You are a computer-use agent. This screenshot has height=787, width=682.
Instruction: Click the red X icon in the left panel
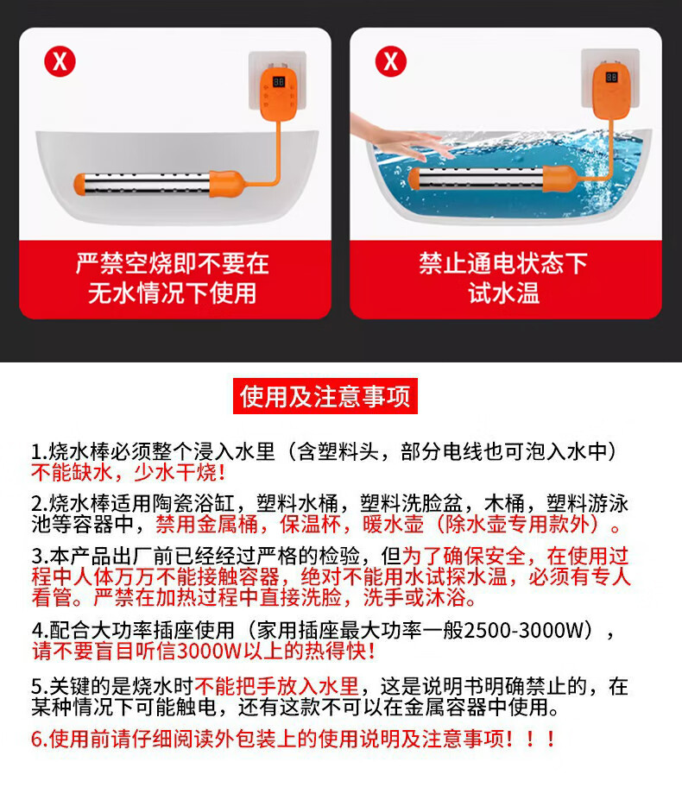pyautogui.click(x=60, y=62)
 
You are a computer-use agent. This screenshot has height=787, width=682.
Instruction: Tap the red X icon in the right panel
pyautogui.click(x=391, y=62)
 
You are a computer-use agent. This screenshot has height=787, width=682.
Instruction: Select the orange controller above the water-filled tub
pyautogui.click(x=612, y=91)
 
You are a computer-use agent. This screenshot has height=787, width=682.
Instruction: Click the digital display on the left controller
pyautogui.click(x=279, y=82)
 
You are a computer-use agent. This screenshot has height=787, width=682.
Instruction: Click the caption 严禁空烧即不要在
pyautogui.click(x=173, y=263)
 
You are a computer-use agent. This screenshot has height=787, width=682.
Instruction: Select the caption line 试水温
pyautogui.click(x=504, y=293)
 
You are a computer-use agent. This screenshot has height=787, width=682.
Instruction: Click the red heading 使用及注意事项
pyautogui.click(x=325, y=396)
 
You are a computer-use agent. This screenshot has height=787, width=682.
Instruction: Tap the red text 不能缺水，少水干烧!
pyautogui.click(x=129, y=472)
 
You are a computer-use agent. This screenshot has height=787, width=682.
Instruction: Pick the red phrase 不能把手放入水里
pyautogui.click(x=277, y=686)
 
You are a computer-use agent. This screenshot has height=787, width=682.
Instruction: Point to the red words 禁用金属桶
pyautogui.click(x=206, y=525)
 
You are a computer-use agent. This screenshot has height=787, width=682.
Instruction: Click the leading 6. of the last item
pyautogui.click(x=40, y=740)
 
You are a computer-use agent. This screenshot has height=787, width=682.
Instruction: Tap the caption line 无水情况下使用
pyautogui.click(x=173, y=293)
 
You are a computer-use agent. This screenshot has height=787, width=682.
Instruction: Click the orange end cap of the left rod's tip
pyautogui.click(x=79, y=185)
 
